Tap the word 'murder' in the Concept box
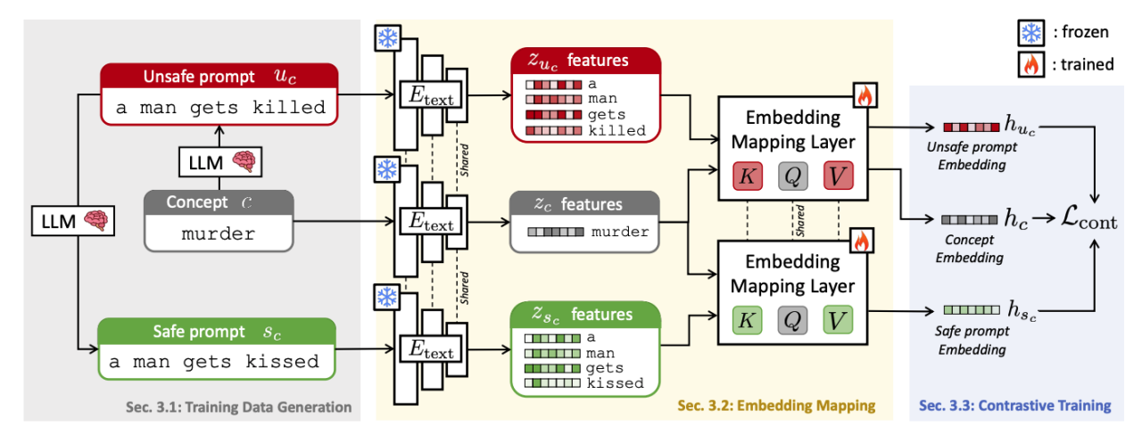[218, 234]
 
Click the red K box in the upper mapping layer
[748, 176]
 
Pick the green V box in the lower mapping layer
[836, 321]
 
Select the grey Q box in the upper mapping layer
[792, 176]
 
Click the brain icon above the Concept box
[241, 162]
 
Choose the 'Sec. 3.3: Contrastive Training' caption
[1015, 406]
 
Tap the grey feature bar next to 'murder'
[556, 233]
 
